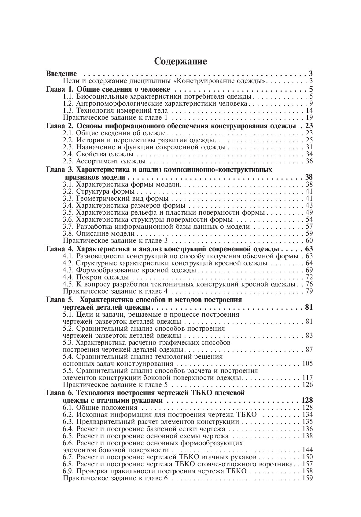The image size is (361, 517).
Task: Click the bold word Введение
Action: coord(61,74)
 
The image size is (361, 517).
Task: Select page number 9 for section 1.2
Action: coord(311,104)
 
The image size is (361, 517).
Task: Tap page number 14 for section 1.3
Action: coord(309,111)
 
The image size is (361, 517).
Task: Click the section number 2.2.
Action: coord(68,140)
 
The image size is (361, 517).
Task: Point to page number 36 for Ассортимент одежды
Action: coord(309,161)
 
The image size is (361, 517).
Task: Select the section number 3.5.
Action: coord(68,213)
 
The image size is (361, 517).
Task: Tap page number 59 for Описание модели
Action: coord(309,234)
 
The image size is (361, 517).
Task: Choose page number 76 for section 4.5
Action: coord(309,284)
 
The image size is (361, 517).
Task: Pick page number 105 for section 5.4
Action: coord(307,364)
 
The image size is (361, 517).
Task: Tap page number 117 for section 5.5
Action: coord(307,378)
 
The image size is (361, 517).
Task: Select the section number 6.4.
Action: coord(68,429)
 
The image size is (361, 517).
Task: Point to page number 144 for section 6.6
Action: coord(307,450)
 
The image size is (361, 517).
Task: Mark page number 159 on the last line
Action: coord(307,478)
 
